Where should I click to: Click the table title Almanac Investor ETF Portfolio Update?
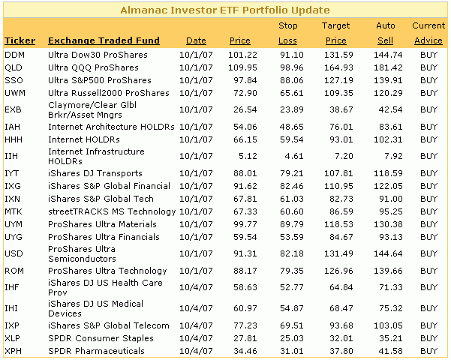(x=225, y=10)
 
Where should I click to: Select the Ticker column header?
(x=20, y=40)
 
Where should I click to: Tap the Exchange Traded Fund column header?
(x=104, y=40)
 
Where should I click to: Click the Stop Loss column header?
(x=287, y=33)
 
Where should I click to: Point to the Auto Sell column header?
(x=386, y=33)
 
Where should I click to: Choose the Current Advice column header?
(x=428, y=33)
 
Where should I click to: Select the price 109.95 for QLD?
(x=242, y=67)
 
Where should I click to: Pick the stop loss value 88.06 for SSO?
(x=292, y=80)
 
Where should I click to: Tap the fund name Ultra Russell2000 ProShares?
(x=109, y=93)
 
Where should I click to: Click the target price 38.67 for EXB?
(x=341, y=109)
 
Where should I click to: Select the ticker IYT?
(x=12, y=173)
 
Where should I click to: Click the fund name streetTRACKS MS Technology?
(x=112, y=211)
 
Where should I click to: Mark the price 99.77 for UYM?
(x=245, y=224)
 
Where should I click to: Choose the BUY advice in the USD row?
(x=428, y=253)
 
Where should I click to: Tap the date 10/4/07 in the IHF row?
(x=196, y=287)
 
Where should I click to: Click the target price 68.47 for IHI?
(x=341, y=308)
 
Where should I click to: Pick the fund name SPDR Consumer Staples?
(x=101, y=338)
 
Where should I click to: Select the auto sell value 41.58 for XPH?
(x=391, y=351)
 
